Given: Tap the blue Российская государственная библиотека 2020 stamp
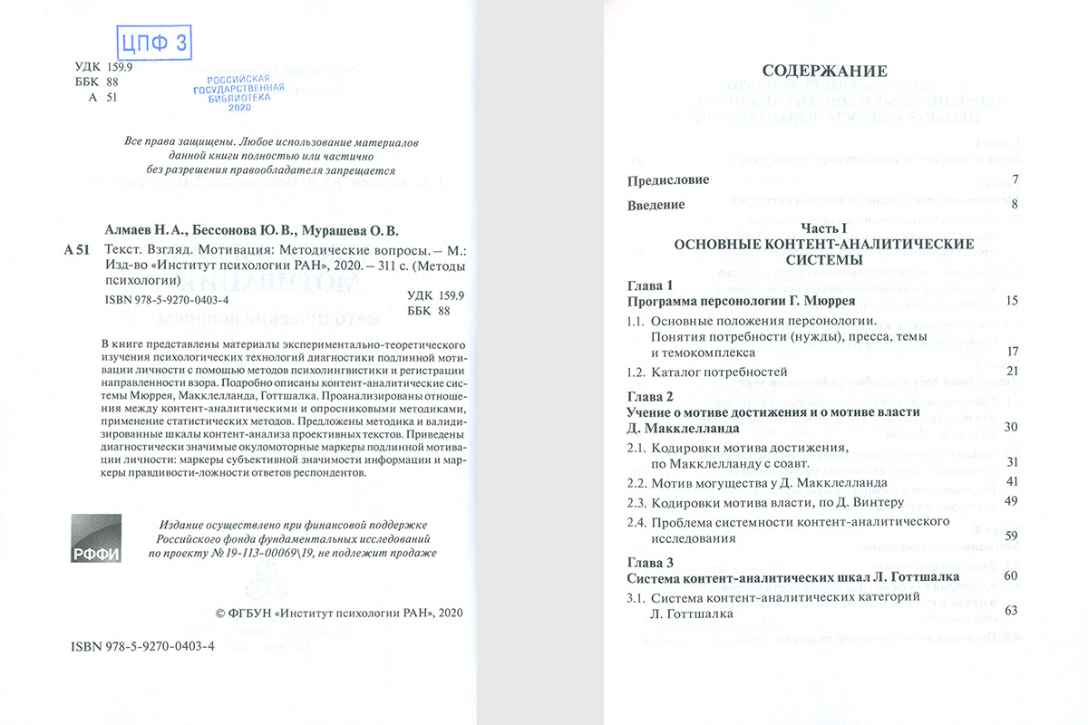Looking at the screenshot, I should (239, 92).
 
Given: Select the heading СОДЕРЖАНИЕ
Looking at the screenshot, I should (824, 71).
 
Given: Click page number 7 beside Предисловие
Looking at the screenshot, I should (1015, 179).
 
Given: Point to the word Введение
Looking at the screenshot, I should (656, 205).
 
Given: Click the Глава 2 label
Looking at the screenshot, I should (650, 397).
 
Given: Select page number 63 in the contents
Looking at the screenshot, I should (1013, 612).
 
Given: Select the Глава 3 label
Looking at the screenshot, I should (650, 562).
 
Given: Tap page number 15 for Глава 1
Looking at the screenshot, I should (1013, 300).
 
